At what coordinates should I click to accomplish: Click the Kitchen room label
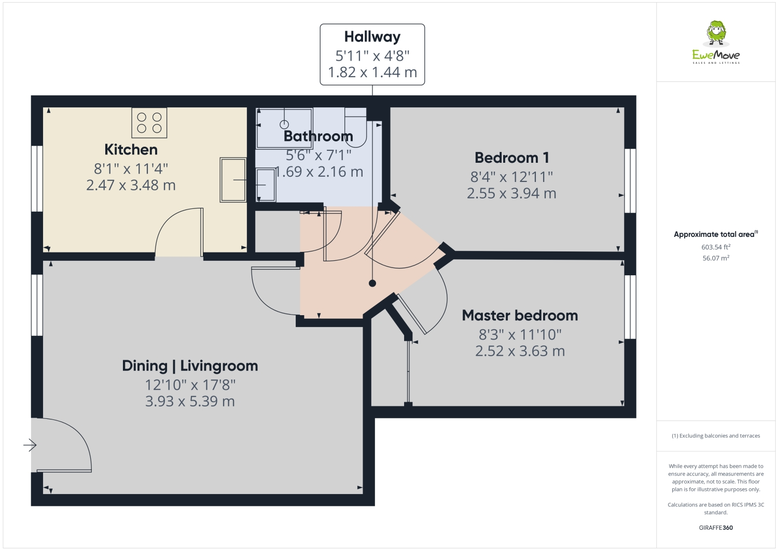coord(131,150)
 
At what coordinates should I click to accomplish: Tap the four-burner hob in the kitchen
coord(149,123)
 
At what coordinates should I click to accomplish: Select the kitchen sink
coord(233,180)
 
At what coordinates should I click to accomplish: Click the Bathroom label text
coord(318,136)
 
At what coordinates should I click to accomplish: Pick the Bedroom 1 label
coord(511,158)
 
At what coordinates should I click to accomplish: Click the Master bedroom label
coord(520,315)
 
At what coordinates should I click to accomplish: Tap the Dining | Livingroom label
coord(190,366)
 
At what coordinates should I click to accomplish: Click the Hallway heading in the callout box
coord(372,37)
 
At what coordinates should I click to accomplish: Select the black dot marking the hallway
coord(372,284)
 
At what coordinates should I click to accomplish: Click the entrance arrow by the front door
coord(30,445)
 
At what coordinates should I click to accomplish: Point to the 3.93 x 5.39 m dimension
coord(190,402)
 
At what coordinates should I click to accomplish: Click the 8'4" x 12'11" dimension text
coord(511,177)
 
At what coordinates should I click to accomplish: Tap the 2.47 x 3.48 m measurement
coord(131,185)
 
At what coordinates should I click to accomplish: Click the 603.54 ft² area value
coord(716,247)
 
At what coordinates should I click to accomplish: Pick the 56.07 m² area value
coord(716,258)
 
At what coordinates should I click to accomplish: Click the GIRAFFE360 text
coord(716,528)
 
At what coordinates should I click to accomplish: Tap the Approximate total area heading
coord(716,234)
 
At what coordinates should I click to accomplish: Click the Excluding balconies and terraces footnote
coord(716,436)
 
